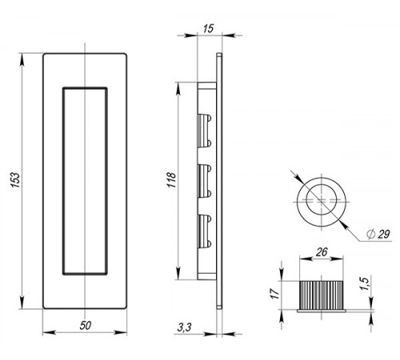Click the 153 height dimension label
(16, 180)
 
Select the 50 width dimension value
(86, 326)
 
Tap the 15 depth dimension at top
(208, 28)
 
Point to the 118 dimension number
(172, 180)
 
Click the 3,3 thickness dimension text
(184, 327)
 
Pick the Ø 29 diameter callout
(378, 234)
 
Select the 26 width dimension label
(322, 252)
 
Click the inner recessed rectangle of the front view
(63, 182)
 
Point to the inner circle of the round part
(306, 199)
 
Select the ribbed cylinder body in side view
(322, 295)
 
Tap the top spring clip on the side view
(205, 131)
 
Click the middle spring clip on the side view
(205, 181)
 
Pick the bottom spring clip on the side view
(205, 231)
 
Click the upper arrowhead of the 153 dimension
(22, 59)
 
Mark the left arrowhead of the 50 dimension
(49, 333)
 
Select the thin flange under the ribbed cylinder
(322, 311)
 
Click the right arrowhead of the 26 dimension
(337, 258)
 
